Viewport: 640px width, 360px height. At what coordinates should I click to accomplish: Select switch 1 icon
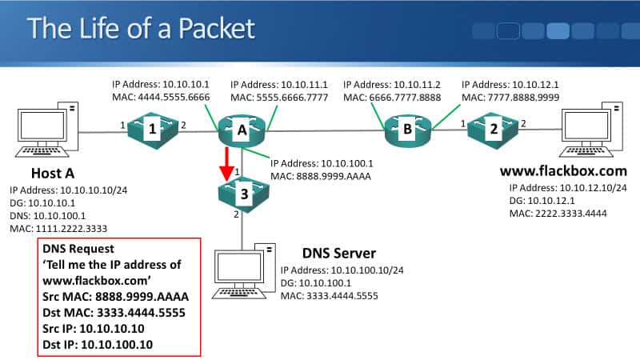[x=152, y=129]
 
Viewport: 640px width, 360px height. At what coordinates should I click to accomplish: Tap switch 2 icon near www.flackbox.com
[x=494, y=127]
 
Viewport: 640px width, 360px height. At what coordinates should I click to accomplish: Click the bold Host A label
[x=54, y=174]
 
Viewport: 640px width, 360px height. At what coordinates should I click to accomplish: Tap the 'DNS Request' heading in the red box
[x=78, y=250]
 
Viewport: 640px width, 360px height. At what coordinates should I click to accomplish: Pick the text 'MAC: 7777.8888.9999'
[x=510, y=97]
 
